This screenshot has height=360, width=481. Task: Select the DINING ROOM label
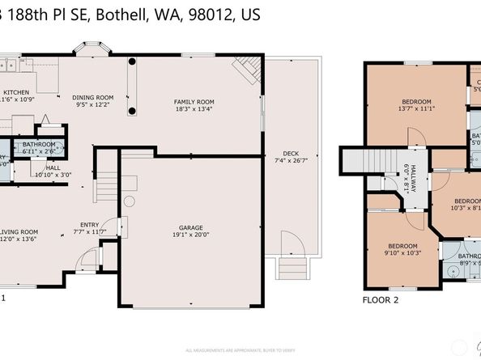(94, 97)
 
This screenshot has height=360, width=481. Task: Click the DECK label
(291, 154)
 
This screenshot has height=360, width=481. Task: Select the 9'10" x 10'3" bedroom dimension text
(402, 253)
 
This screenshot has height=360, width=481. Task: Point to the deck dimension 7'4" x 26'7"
(291, 161)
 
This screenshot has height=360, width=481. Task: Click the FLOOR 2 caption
(380, 299)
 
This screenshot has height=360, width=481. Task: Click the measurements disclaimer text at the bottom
(240, 350)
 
